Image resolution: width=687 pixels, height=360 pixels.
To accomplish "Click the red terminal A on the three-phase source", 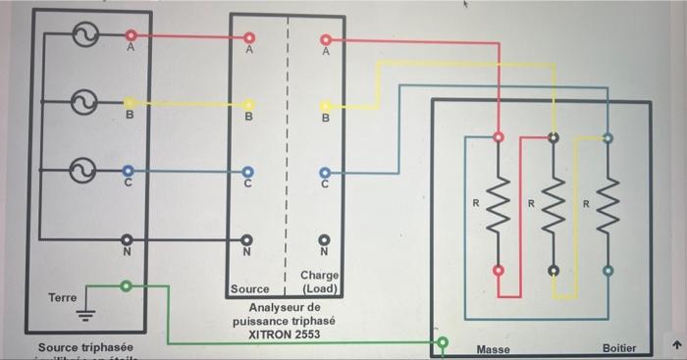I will (x=129, y=36).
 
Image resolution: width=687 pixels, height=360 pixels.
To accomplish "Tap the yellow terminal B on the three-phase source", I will (x=129, y=102).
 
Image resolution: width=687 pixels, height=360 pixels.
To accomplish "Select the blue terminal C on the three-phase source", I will (x=129, y=170).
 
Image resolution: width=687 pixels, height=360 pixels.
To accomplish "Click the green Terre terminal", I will (x=125, y=286).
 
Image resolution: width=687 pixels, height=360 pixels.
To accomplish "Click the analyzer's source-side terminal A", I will (x=248, y=40).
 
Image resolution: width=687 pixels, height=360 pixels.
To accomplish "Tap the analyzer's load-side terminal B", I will (x=325, y=105).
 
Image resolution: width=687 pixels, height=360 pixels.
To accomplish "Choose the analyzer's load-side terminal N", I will (x=325, y=237).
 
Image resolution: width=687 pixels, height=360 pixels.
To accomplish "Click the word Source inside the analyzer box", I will (x=249, y=289).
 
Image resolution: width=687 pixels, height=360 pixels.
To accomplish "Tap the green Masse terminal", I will (x=443, y=343).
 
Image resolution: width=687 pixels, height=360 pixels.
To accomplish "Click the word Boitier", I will (x=618, y=348).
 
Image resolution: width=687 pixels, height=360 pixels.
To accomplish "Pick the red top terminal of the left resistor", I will (x=499, y=137).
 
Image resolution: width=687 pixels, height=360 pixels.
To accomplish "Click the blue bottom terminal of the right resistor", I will (x=608, y=270).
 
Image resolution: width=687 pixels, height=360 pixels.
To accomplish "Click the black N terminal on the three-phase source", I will (x=129, y=238).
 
